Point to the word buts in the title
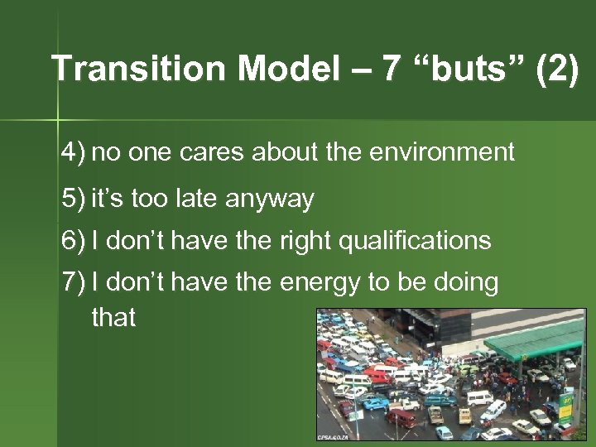(469, 69)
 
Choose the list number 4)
(73, 152)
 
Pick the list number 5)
(73, 199)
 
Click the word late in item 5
(195, 199)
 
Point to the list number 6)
(73, 241)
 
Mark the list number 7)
(73, 283)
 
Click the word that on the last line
(113, 317)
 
